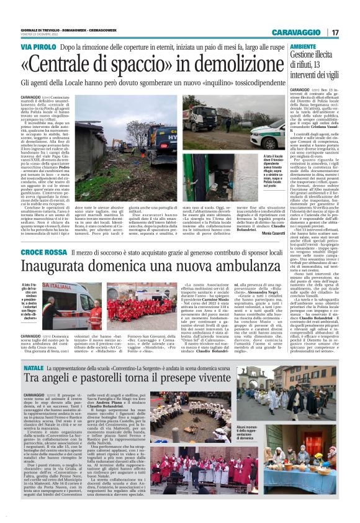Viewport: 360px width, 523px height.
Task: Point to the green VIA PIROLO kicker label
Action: pos(38,47)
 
